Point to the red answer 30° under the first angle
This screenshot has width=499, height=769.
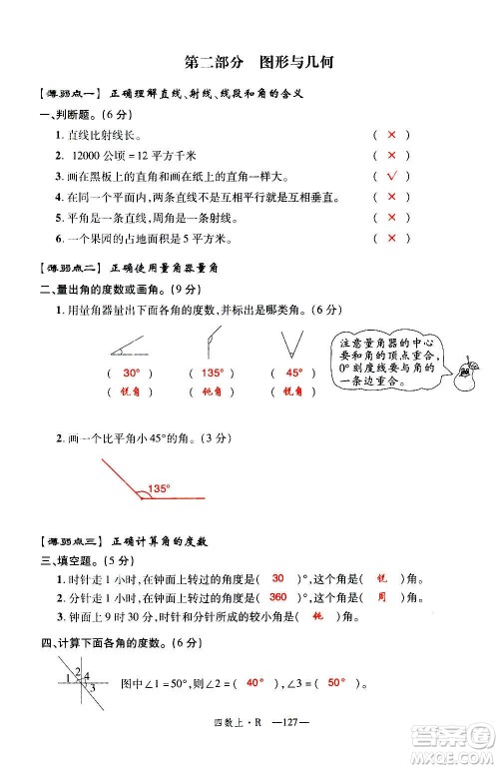(130, 373)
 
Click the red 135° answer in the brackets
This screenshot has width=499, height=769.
(211, 373)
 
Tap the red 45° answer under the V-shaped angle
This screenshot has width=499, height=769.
(292, 373)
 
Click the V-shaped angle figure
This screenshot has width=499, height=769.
(291, 343)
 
